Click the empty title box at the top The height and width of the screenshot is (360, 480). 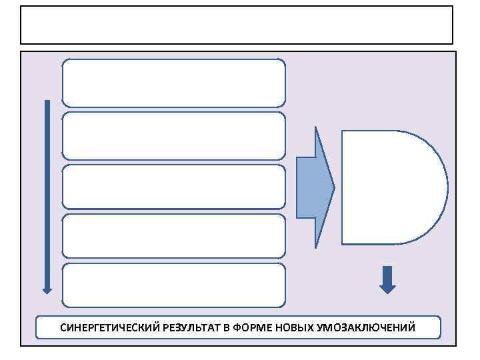point(237,25)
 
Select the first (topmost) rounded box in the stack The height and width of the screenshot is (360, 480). point(173,83)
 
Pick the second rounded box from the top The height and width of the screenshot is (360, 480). point(173,135)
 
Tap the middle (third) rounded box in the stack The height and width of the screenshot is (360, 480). point(173,187)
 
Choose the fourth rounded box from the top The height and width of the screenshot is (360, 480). point(173,236)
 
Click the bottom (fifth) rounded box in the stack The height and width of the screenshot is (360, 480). point(173,285)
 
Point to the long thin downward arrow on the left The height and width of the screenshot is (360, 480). point(47,193)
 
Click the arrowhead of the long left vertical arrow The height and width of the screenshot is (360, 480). point(47,289)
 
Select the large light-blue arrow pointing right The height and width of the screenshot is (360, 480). point(313,187)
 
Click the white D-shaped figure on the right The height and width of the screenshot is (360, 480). point(387,187)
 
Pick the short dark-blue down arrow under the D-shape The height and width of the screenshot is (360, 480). point(387,280)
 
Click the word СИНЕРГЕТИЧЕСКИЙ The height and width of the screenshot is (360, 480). point(102,328)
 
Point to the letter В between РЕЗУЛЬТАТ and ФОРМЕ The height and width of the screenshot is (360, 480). point(226,328)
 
